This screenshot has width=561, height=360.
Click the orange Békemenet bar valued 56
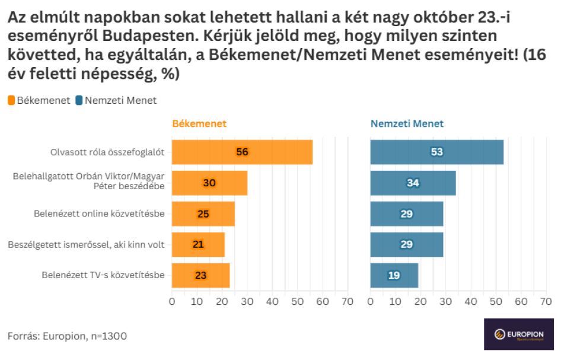pos(242,152)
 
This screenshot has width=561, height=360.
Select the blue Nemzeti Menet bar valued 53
pos(437,152)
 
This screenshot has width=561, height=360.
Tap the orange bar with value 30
pos(209,183)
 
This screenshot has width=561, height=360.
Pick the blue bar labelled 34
pos(413,183)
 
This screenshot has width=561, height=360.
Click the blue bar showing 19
pos(394,275)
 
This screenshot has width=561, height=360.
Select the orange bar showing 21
pos(198,244)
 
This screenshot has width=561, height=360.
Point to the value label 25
pos(203,214)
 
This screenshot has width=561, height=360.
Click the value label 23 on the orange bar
pos(200,275)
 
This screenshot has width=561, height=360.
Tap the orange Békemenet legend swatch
pos(11,100)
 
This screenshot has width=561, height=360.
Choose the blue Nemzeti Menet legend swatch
pos(79,100)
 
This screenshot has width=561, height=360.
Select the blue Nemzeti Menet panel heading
pos(407,124)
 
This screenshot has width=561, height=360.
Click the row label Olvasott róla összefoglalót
pos(107,152)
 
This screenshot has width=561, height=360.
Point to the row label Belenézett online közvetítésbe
pos(99,214)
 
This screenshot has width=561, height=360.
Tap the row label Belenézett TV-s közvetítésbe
pos(103,275)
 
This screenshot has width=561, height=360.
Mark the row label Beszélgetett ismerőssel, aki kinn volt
pos(87,244)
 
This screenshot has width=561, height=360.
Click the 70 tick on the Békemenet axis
pos(347,301)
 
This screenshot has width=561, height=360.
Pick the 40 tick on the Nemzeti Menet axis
pos(470,301)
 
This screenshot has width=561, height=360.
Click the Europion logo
pos(518,334)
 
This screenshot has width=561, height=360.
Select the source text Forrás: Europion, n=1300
pos(67,336)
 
